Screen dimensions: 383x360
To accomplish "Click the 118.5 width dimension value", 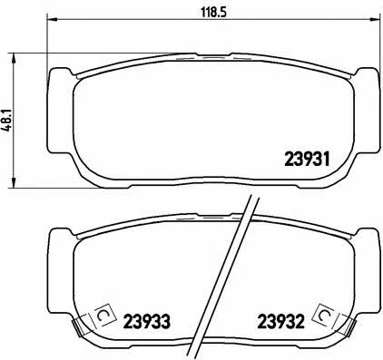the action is click(213, 12).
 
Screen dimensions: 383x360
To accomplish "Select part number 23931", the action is click(307, 159).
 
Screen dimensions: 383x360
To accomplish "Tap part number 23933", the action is click(147, 322).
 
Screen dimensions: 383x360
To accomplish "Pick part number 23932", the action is click(280, 322).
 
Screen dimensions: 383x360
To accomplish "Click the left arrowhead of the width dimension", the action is click(52, 20).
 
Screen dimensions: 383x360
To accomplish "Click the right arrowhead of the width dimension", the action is click(374, 20).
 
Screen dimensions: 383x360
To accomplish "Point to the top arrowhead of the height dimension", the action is click(13, 59).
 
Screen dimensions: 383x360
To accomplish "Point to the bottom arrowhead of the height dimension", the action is click(13, 182).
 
